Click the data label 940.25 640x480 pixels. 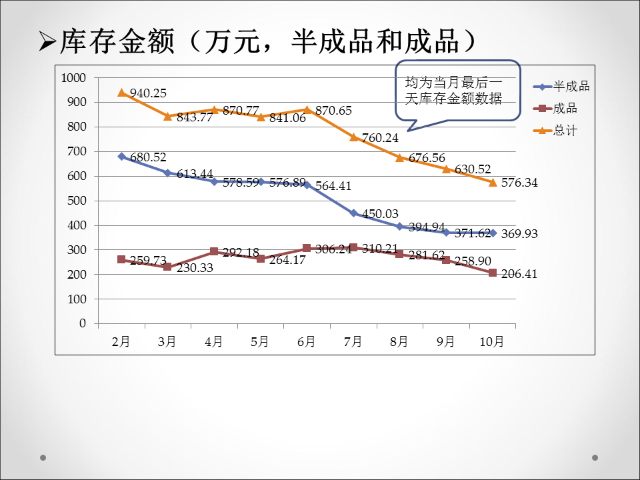[x=148, y=93]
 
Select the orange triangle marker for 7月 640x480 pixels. [x=353, y=137]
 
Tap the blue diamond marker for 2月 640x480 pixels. [x=121, y=157]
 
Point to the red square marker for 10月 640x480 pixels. [x=493, y=273]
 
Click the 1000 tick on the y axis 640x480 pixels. [x=73, y=78]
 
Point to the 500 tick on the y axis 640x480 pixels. [x=78, y=201]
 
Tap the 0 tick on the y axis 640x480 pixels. [x=83, y=323]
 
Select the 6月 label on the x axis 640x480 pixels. [x=307, y=342]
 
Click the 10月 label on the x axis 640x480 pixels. [x=493, y=342]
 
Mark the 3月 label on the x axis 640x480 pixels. [x=167, y=342]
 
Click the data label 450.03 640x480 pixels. [x=380, y=214]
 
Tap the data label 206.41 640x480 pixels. [x=519, y=274]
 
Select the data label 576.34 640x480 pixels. [x=519, y=183]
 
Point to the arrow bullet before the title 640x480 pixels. [x=47, y=43]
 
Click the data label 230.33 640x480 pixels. [x=195, y=268]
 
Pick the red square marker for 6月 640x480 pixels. [x=307, y=249]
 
